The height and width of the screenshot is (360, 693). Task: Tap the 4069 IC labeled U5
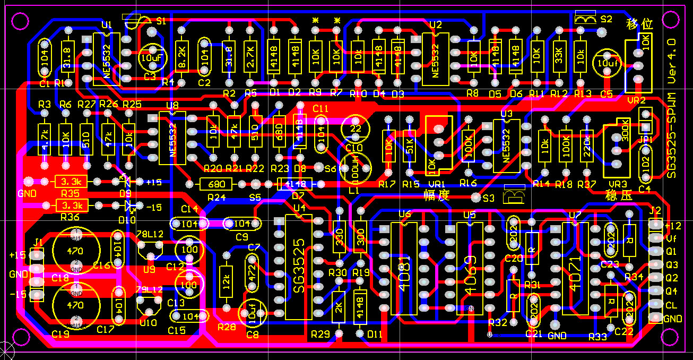tap(470, 268)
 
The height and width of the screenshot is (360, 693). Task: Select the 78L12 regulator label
tap(150, 234)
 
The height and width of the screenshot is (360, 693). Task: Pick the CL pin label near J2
tap(671, 305)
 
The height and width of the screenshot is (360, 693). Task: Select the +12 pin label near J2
tap(672, 225)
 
